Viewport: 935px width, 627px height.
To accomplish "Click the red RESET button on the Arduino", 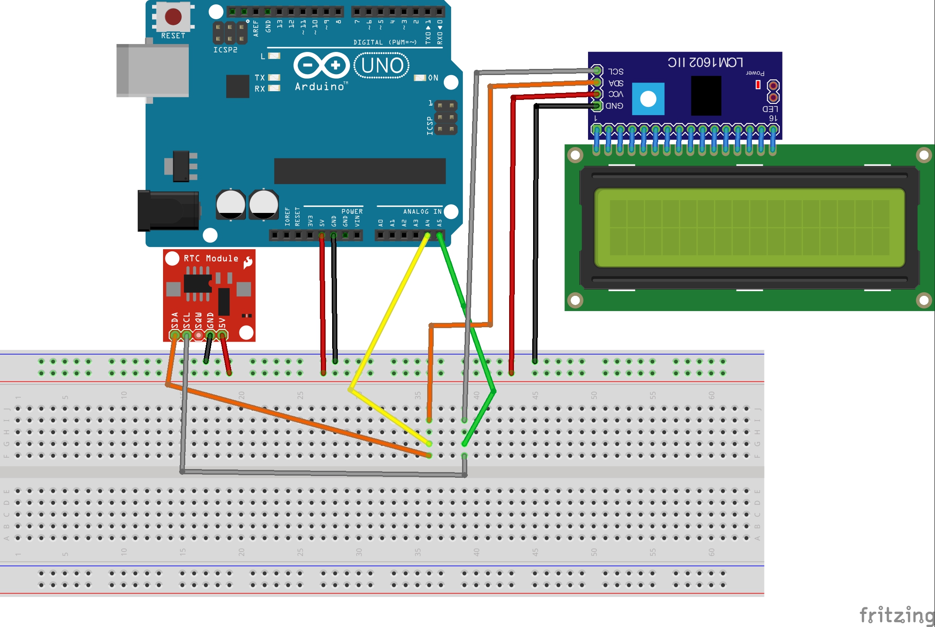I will point(173,17).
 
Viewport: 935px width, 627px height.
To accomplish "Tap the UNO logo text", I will point(382,65).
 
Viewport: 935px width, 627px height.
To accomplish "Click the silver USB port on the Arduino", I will point(153,71).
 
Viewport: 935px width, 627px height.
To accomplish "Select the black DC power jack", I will point(168,211).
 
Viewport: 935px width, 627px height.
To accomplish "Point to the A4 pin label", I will point(428,223).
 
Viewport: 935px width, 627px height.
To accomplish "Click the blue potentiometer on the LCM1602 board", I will point(648,99).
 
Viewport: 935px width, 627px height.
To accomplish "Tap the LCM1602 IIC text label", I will point(705,62).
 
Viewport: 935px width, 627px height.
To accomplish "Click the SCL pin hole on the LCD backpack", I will point(597,70).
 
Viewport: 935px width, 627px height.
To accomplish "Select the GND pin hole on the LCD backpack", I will point(597,106).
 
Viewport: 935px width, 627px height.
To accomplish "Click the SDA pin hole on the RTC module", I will point(175,335).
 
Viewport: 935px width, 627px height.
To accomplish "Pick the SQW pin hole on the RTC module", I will point(198,335).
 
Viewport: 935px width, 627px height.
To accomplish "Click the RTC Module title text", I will point(211,258).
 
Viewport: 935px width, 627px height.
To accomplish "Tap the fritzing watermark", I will point(896,615).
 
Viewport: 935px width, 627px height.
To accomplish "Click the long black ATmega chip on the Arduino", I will point(360,171).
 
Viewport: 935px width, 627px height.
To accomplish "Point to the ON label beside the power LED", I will point(433,78).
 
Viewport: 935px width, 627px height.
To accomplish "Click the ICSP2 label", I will point(225,50).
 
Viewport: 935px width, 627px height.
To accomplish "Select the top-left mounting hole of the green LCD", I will point(575,155).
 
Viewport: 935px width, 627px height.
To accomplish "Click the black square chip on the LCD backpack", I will point(706,96).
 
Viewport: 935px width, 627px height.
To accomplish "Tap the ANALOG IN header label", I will point(422,211).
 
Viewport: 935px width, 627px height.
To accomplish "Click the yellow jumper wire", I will point(388,314).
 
